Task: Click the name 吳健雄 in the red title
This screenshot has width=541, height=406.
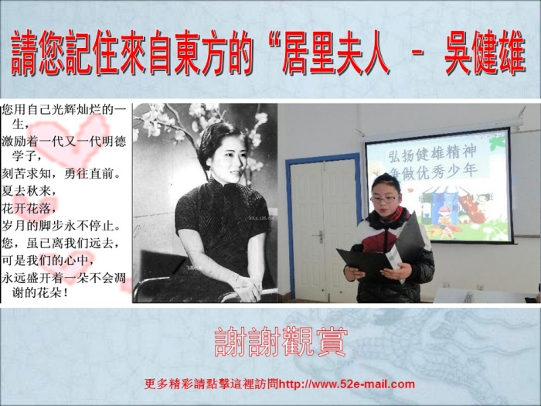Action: (485, 53)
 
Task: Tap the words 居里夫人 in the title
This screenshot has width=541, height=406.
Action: (335, 53)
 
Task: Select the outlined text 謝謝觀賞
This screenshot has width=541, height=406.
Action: (280, 342)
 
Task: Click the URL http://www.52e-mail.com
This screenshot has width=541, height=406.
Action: (346, 384)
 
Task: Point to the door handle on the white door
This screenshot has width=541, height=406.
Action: (320, 237)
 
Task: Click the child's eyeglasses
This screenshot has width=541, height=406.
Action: (385, 199)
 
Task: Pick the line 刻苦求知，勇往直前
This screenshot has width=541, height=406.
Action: (62, 173)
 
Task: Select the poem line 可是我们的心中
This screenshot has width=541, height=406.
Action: (48, 261)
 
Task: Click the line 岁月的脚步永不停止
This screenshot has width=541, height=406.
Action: (62, 226)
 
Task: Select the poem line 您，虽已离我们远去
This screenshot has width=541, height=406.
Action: (61, 243)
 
